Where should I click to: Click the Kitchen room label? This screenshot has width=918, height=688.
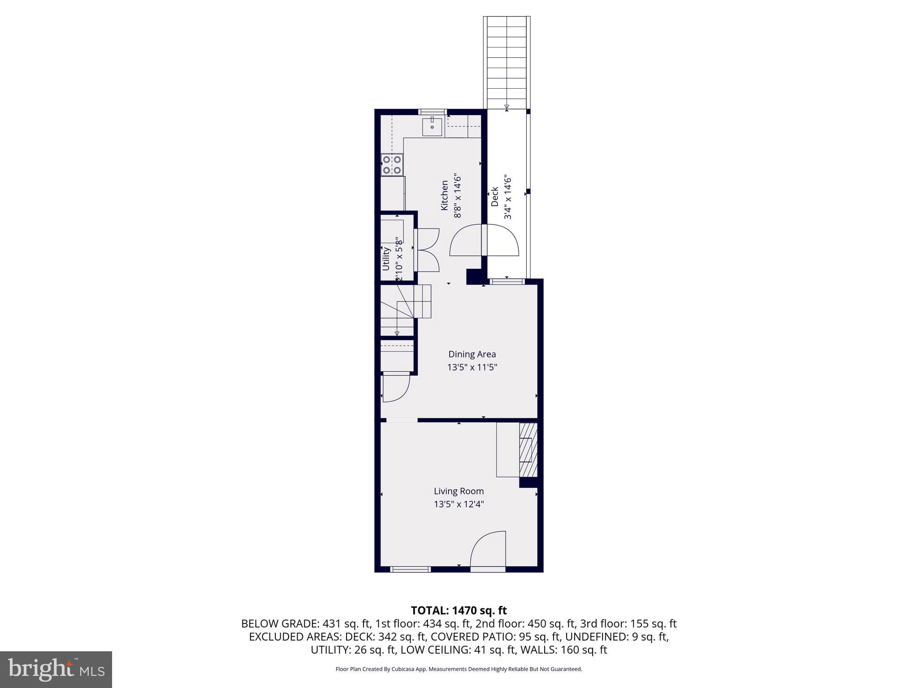point(444,195)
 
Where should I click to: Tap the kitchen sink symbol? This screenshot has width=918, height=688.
point(432,127)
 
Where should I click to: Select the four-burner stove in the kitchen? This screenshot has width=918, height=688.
point(392,165)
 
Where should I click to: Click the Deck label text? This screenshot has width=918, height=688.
point(494,197)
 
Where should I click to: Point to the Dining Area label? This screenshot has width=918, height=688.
point(472,354)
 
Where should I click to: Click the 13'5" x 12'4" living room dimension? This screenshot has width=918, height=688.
point(459,504)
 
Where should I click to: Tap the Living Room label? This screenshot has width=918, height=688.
point(459,491)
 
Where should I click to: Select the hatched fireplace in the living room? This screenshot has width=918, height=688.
point(528,450)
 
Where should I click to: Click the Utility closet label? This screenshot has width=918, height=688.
point(386,258)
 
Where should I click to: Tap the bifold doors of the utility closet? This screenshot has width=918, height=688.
point(427,249)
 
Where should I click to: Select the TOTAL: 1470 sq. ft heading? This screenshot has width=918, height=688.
point(459,611)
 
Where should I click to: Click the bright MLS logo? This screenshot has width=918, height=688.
point(56,669)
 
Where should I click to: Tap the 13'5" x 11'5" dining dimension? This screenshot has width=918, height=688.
point(472,368)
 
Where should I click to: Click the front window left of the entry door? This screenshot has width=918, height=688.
point(410,569)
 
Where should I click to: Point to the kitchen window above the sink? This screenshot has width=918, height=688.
point(433,112)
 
